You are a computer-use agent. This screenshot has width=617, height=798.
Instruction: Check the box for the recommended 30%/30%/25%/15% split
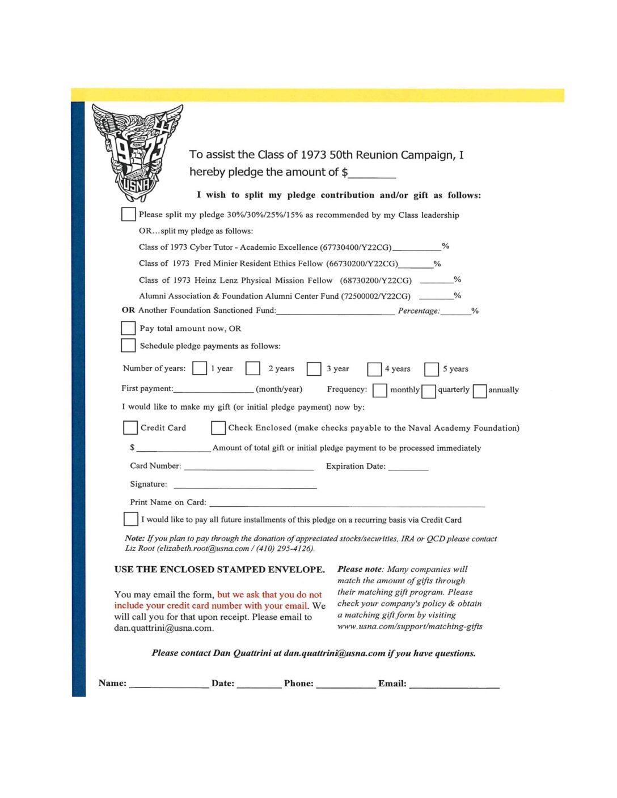(128, 214)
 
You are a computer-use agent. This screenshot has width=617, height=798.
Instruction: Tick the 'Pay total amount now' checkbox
(128, 328)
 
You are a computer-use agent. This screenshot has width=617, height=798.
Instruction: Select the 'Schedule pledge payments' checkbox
(128, 345)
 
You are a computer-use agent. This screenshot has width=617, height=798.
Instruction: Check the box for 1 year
(200, 368)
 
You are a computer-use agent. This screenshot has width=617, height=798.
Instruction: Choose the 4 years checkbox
(374, 369)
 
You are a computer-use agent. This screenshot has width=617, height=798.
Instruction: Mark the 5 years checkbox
(432, 369)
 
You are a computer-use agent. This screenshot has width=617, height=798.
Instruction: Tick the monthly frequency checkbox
(380, 390)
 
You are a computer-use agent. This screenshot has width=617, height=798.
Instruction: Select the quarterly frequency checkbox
(429, 390)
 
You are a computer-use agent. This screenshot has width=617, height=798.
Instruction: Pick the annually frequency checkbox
(480, 390)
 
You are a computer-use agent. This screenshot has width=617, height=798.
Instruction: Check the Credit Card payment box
(130, 427)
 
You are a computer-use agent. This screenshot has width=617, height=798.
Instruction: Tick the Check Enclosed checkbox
(218, 427)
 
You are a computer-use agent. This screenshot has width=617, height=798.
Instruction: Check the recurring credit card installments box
(130, 519)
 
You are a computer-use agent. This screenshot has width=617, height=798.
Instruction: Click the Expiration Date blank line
(408, 467)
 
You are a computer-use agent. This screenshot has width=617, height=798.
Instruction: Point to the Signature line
(245, 485)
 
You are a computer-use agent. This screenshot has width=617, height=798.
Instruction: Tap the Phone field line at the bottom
(346, 685)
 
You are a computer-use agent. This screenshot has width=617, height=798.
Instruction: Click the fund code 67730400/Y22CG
(356, 247)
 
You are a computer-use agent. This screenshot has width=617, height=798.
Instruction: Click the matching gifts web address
(410, 626)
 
